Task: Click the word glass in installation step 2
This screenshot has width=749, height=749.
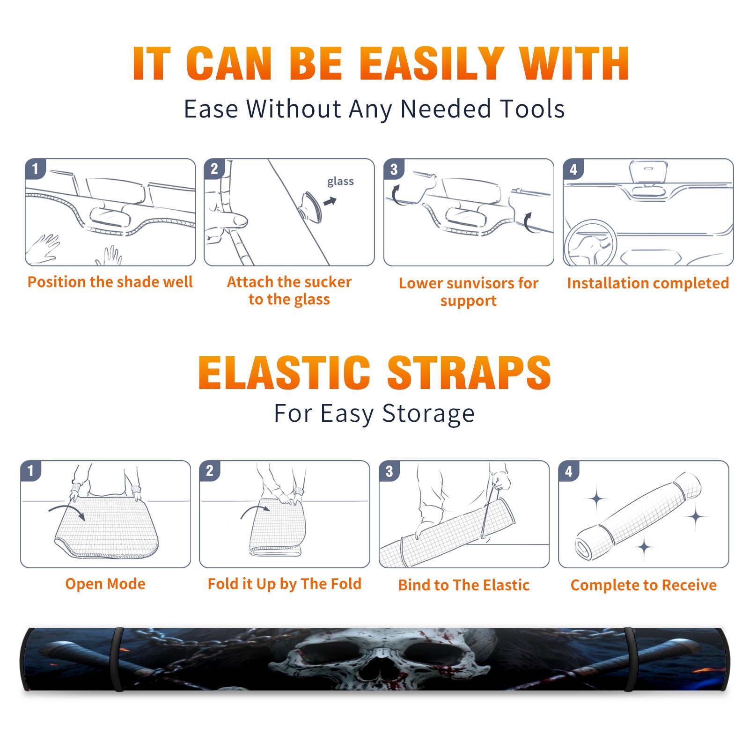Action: pos(340,182)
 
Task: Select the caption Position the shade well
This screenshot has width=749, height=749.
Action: pos(110,282)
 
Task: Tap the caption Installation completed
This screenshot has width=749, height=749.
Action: pos(648,283)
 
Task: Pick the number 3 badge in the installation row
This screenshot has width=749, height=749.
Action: pos(394,169)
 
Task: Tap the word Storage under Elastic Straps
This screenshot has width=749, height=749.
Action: pos(428,414)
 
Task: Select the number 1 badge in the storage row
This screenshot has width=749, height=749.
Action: pos(31,470)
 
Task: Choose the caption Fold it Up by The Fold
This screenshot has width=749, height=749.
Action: pos(285,584)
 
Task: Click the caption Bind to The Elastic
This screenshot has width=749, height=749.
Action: pos(464,585)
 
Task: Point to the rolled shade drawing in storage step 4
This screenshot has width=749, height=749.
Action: pos(638,516)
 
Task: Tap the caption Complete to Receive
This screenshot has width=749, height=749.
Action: pos(644,585)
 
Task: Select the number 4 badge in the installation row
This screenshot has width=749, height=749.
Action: pos(573,169)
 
